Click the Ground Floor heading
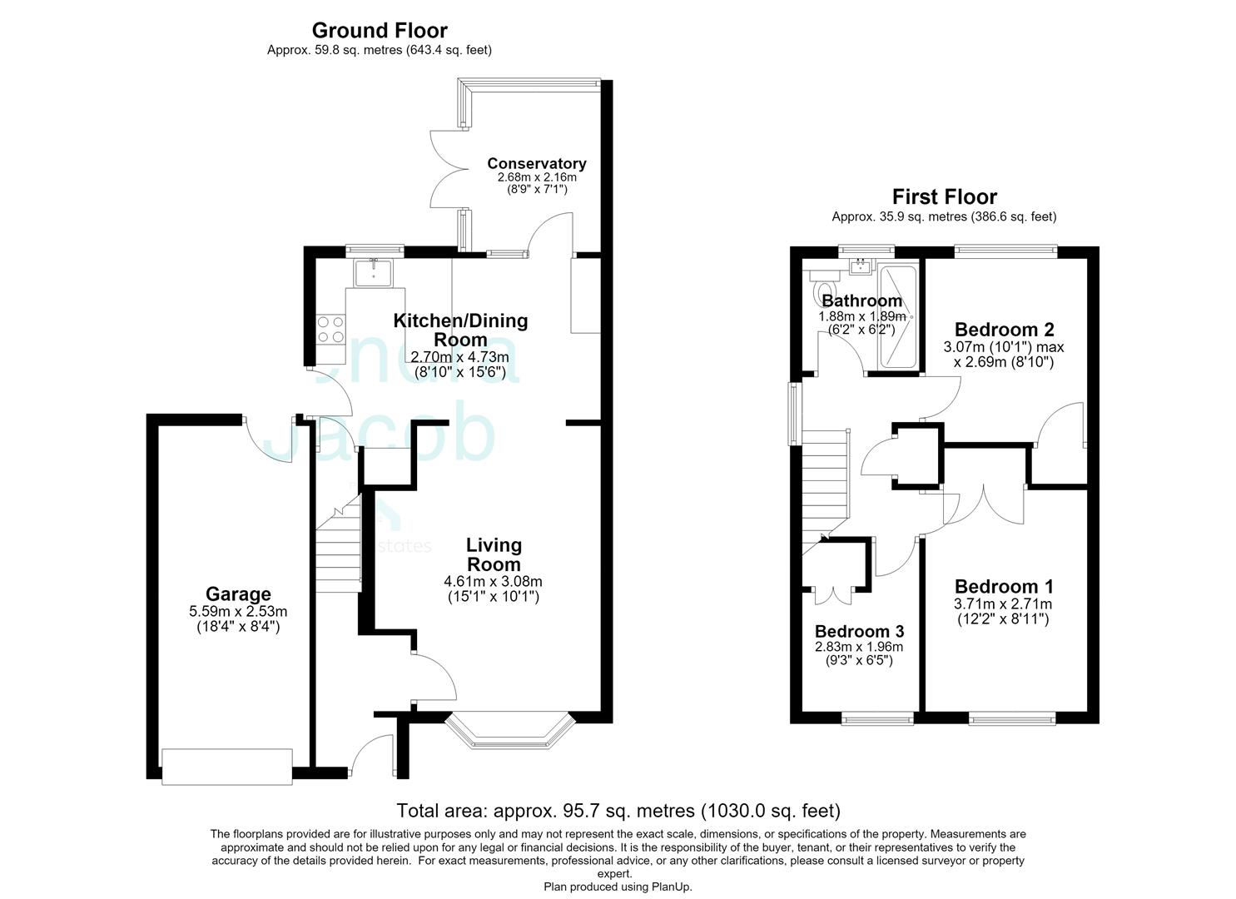[x=380, y=30]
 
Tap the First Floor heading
[x=944, y=196]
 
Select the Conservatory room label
[x=536, y=163]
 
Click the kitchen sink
[x=374, y=273]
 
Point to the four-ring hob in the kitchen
[x=330, y=329]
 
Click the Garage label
[x=238, y=594]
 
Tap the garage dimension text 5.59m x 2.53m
[x=238, y=612]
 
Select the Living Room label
[x=494, y=554]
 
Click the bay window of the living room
[x=510, y=731]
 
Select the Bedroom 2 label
[x=1004, y=330]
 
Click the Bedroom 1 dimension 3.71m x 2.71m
[x=1003, y=603]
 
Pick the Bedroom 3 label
[x=859, y=631]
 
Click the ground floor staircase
[x=338, y=544]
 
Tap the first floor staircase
[x=824, y=492]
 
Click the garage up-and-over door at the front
[x=226, y=767]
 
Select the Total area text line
[x=618, y=811]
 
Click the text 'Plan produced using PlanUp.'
[x=618, y=887]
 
